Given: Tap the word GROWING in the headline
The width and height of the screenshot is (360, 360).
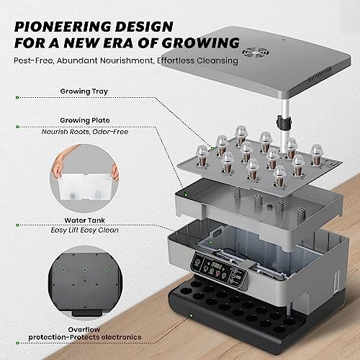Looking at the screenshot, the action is click(201, 43).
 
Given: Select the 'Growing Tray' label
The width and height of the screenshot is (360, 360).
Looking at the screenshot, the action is click(84, 91).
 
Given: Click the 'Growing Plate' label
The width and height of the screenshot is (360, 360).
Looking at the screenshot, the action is click(85, 120).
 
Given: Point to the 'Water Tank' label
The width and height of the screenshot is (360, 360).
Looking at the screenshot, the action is click(84, 220).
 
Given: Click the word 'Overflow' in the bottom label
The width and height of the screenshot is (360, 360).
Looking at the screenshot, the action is click(84, 330).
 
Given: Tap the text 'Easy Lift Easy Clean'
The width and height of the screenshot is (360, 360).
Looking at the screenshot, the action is click(84, 230).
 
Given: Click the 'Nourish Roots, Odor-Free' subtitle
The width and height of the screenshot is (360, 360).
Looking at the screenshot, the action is click(85, 132).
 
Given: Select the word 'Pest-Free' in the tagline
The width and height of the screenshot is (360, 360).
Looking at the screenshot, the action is click(33, 60).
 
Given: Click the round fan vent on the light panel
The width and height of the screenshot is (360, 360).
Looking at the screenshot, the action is click(256, 52).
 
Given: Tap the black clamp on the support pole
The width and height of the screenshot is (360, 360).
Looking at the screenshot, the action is click(283, 121).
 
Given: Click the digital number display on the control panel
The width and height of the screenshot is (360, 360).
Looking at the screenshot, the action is click(216, 266).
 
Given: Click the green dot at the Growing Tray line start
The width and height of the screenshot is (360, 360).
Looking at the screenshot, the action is click(17, 98).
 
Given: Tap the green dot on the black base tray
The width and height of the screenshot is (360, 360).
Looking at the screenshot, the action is click(192, 315).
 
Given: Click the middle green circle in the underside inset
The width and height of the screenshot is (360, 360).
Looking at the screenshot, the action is click(85, 270).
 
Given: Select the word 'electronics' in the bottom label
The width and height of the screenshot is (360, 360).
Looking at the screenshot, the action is click(121, 337).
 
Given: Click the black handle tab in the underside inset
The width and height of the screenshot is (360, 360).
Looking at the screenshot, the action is click(86, 313).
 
